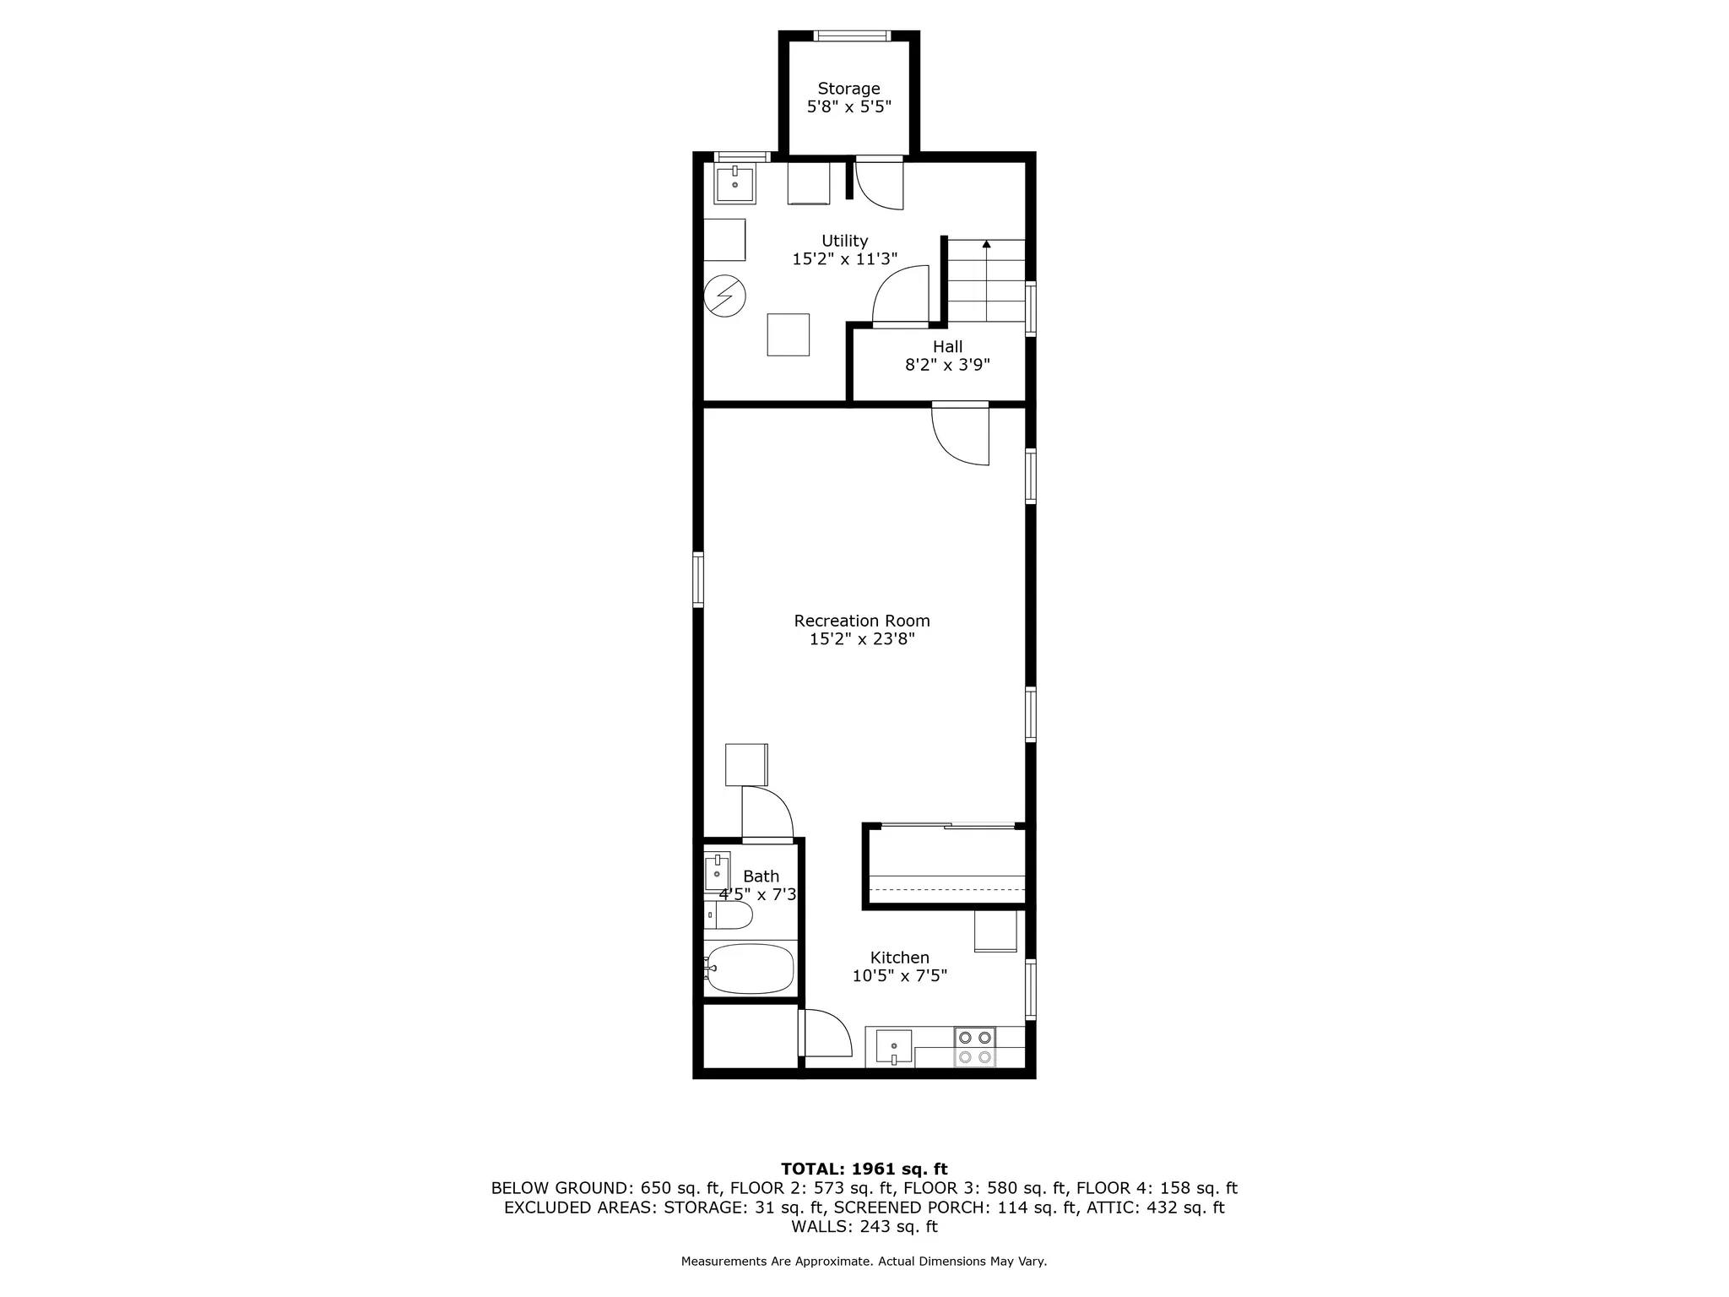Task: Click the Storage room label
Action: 848,89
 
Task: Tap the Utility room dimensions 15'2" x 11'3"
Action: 844,259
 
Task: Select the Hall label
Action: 947,346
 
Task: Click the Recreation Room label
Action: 862,621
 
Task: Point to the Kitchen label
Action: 900,958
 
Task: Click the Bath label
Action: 761,876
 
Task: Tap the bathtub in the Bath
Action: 751,969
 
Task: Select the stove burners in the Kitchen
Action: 975,1047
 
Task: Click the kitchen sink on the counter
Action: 893,1048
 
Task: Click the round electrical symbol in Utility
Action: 725,296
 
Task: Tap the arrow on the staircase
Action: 986,245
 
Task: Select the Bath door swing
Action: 767,812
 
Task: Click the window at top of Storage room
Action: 851,36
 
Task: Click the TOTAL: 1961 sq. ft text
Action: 864,1169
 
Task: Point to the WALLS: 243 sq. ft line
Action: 864,1226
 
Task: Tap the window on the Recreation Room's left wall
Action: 698,579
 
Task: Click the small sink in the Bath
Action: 717,872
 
